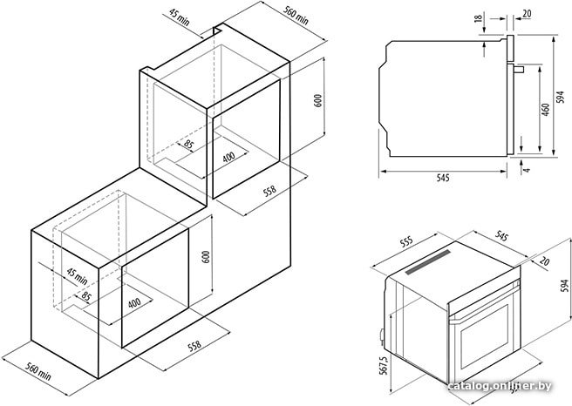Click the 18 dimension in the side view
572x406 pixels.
(x=479, y=17)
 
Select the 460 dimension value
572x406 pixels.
(x=545, y=110)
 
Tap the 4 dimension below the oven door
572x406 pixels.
(x=527, y=170)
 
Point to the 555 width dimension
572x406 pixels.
(x=406, y=241)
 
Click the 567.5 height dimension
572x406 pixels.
(x=383, y=366)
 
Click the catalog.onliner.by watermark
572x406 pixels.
(x=500, y=386)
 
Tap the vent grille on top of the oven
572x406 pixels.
(x=428, y=261)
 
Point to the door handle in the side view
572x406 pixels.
(x=519, y=69)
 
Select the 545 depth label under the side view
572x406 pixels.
(x=443, y=178)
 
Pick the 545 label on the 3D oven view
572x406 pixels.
(x=501, y=236)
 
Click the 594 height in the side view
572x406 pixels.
(x=560, y=98)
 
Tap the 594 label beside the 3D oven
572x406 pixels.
(x=564, y=286)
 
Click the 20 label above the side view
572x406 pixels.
(x=527, y=14)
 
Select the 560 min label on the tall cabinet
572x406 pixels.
(x=296, y=16)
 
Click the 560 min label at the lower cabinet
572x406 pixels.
(x=38, y=371)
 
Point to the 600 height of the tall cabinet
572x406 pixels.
(x=318, y=100)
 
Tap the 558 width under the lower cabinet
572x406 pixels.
(x=194, y=346)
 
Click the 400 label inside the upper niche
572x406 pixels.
(x=228, y=158)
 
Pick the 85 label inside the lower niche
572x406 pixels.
(x=86, y=296)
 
